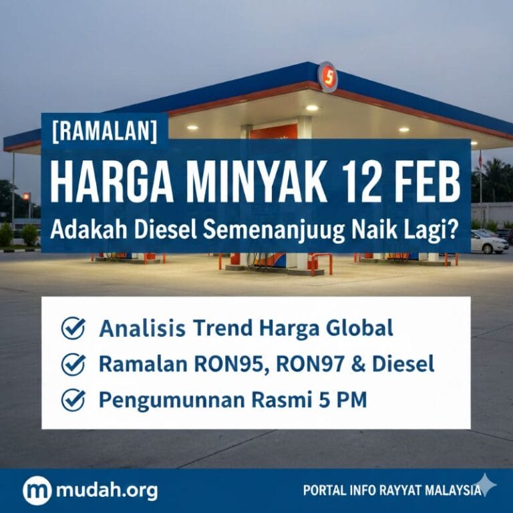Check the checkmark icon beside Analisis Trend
pyautogui.click(x=73, y=329)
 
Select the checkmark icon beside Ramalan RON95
pyautogui.click(x=73, y=364)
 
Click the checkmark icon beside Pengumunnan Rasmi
pyautogui.click(x=73, y=399)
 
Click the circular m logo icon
pyautogui.click(x=37, y=491)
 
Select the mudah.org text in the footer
pyautogui.click(x=107, y=491)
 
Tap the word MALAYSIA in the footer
pyautogui.click(x=448, y=491)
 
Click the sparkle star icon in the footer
pyautogui.click(x=486, y=486)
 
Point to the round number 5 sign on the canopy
pyautogui.click(x=327, y=77)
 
